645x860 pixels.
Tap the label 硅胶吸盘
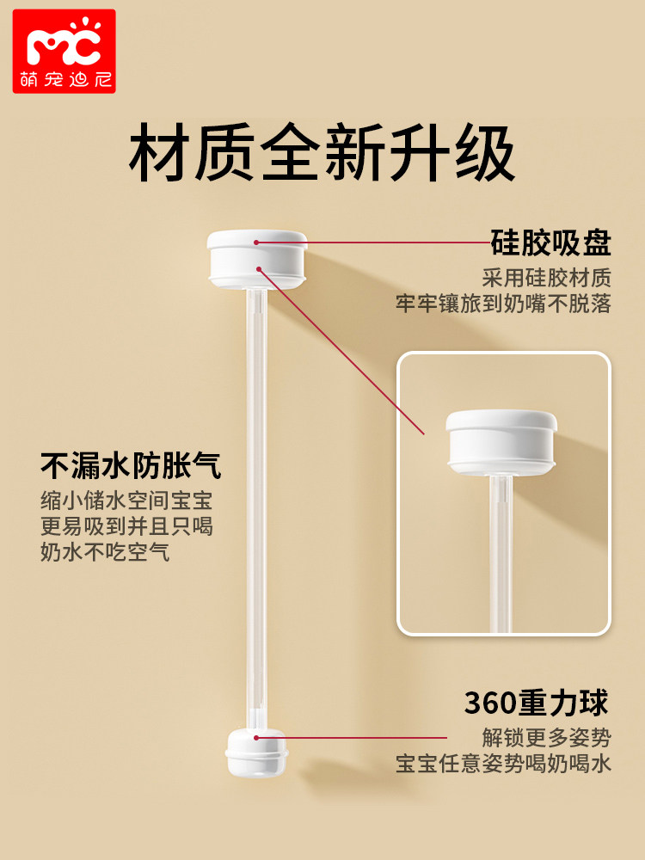pos(550,243)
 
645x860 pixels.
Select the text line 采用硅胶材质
pos(546,279)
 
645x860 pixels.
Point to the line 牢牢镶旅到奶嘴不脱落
pos(503,304)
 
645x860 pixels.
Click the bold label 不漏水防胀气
pos(131,466)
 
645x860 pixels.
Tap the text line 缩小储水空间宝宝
pos(126,501)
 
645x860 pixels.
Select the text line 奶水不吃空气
pos(105,552)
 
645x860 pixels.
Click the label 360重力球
pos(537,703)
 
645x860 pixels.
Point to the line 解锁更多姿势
pos(546,738)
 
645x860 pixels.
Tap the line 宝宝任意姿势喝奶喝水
pos(503,764)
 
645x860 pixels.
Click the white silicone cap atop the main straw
pos(257,256)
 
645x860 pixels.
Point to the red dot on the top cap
pos(257,243)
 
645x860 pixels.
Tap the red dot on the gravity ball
pos(256,737)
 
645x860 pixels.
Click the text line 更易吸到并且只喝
pos(126,526)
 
